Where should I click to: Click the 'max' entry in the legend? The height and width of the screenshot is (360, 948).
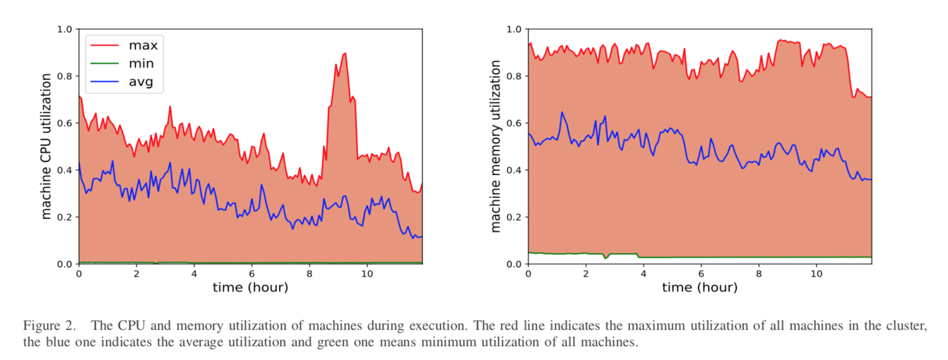pos(143,46)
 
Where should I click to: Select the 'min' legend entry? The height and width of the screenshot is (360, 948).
pos(141,64)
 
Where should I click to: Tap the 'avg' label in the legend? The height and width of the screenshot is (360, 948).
pos(141,82)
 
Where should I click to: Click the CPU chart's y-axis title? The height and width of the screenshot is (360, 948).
pos(46,146)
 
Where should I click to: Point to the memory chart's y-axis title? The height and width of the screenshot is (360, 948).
pos(496,146)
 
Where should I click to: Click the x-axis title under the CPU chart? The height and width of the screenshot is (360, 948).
pos(250,288)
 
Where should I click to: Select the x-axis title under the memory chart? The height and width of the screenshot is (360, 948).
pos(700,288)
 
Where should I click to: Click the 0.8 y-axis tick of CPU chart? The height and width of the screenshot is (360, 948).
pos(65,76)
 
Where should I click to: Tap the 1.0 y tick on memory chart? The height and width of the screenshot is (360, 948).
pos(514,29)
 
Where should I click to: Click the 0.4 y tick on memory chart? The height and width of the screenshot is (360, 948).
pos(514,170)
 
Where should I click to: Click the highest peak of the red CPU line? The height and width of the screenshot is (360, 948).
pos(345,54)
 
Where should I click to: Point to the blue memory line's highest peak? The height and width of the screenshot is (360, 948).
pos(562,112)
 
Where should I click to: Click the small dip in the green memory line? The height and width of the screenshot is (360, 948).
pos(606,258)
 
